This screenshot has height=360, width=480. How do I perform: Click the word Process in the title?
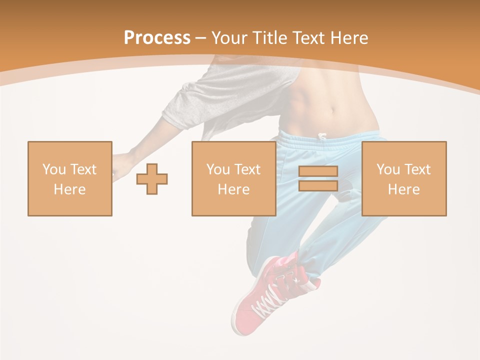(157, 38)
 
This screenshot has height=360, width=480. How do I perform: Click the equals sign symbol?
(318, 178)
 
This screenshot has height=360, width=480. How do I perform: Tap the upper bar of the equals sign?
(318, 171)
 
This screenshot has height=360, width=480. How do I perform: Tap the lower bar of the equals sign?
(318, 185)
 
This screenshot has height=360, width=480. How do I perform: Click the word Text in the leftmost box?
(84, 169)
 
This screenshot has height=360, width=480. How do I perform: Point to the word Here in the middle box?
(233, 189)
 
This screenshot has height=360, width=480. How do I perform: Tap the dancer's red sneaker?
(250, 310)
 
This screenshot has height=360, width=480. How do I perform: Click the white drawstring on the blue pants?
(322, 136)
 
